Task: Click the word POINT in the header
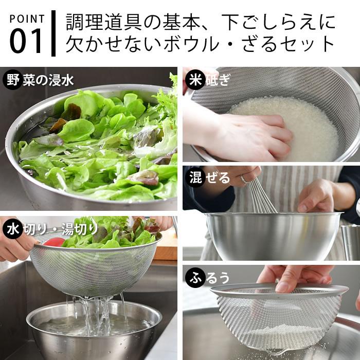[x=27, y=19]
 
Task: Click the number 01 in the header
[x=26, y=42]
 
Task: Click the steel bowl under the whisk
[x=273, y=237]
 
